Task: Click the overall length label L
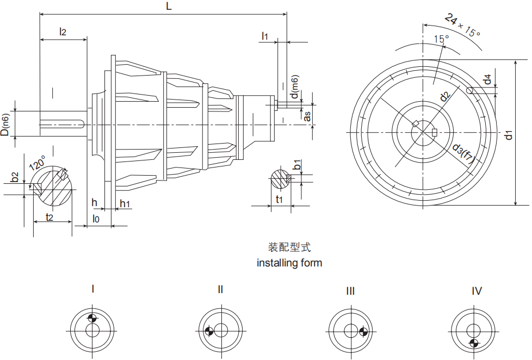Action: point(169,7)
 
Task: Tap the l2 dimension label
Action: point(63,32)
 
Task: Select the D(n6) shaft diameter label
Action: point(5,125)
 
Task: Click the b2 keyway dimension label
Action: point(15,177)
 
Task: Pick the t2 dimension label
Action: point(49,216)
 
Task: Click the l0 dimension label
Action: point(96,218)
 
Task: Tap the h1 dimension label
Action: point(125,203)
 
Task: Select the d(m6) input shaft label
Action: point(294,88)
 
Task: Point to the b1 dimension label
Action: point(297,165)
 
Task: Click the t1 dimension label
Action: point(279,200)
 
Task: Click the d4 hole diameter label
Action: point(488,79)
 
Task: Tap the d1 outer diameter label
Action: point(508,134)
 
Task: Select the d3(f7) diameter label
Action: point(463,154)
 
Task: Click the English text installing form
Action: point(289,263)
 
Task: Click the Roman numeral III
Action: point(350,291)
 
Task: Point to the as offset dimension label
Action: point(307,115)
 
